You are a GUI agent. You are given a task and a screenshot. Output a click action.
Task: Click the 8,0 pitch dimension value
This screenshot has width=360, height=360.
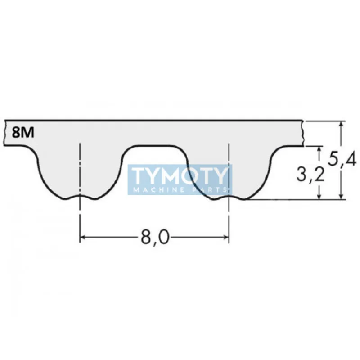pyautogui.click(x=154, y=238)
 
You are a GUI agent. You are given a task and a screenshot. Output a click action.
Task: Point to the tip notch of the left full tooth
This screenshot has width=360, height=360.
pyautogui.click(x=80, y=197)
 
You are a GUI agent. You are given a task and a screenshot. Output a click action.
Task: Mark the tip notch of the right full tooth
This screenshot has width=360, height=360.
pyautogui.click(x=229, y=197)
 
